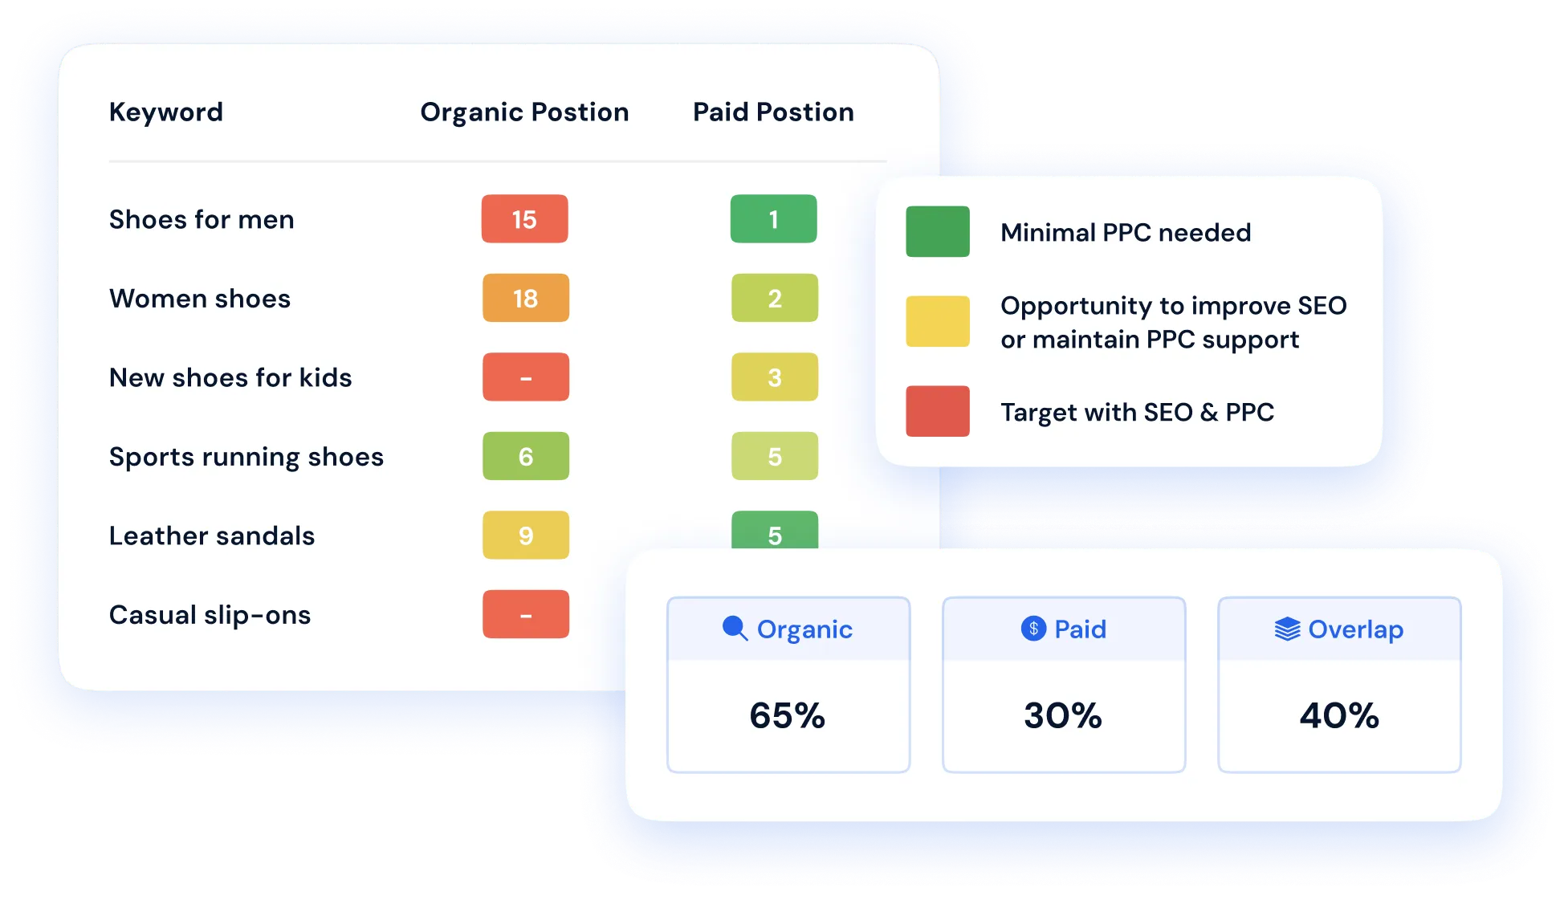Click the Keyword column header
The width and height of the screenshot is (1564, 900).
point(166,112)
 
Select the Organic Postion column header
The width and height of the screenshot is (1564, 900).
point(524,112)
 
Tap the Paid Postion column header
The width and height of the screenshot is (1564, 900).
point(773,112)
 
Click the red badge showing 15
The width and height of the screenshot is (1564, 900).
point(525,218)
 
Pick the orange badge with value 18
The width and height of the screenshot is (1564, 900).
point(526,298)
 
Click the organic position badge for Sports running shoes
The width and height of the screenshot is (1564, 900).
point(526,456)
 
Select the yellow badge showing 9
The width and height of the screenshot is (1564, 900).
point(526,535)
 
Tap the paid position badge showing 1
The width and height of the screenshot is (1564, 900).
point(774,218)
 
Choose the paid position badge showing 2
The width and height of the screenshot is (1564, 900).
point(775,298)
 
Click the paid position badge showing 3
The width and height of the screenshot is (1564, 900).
point(775,377)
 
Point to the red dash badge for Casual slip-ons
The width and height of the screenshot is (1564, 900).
point(526,614)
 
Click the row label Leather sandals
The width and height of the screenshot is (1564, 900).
point(212,536)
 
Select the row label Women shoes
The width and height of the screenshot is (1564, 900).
point(200,299)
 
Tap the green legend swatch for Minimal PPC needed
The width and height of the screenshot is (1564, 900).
point(938,231)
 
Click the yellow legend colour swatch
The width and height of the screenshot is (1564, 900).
point(938,321)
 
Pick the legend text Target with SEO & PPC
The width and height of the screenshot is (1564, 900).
point(1137,412)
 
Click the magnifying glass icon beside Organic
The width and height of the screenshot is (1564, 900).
point(735,628)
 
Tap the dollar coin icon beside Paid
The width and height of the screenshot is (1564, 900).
point(1034,628)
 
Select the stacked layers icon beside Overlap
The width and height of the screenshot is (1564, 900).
point(1287,629)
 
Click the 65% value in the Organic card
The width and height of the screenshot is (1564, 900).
point(787,715)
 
